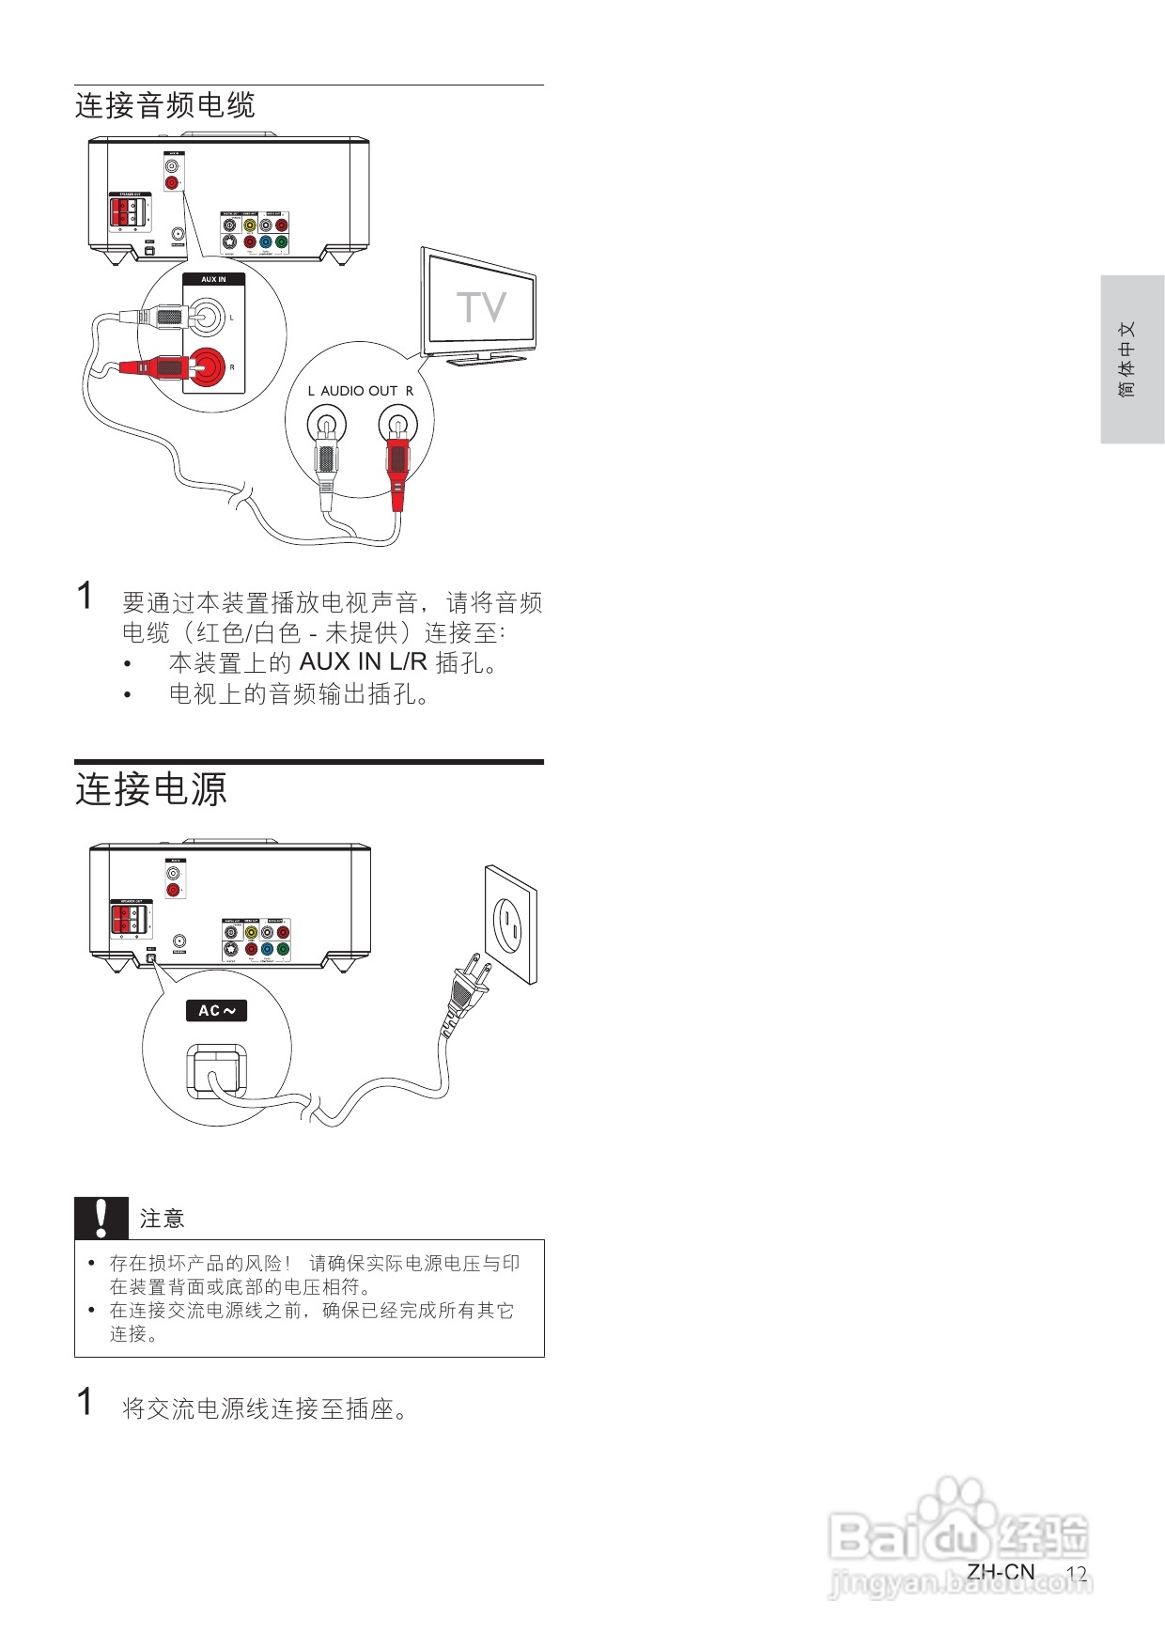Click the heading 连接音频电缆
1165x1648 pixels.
[x=165, y=105]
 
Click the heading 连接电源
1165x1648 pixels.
[x=151, y=789]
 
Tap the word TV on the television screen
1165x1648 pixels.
[x=481, y=308]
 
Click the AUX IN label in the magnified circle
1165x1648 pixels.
[x=213, y=279]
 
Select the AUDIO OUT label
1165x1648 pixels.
[x=360, y=391]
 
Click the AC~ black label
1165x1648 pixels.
[x=216, y=1011]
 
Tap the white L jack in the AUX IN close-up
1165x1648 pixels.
[x=209, y=317]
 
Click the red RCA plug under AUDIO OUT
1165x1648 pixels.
[x=396, y=460]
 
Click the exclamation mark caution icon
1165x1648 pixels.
[x=101, y=1219]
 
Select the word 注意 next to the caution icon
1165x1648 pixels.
[x=162, y=1220]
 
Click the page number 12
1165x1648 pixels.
[x=1077, y=1574]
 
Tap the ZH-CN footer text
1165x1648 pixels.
[x=1001, y=1572]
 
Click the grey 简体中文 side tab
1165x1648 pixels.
[x=1131, y=359]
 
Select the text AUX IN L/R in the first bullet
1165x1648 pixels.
[x=363, y=662]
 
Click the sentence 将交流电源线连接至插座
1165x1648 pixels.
[x=265, y=1409]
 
